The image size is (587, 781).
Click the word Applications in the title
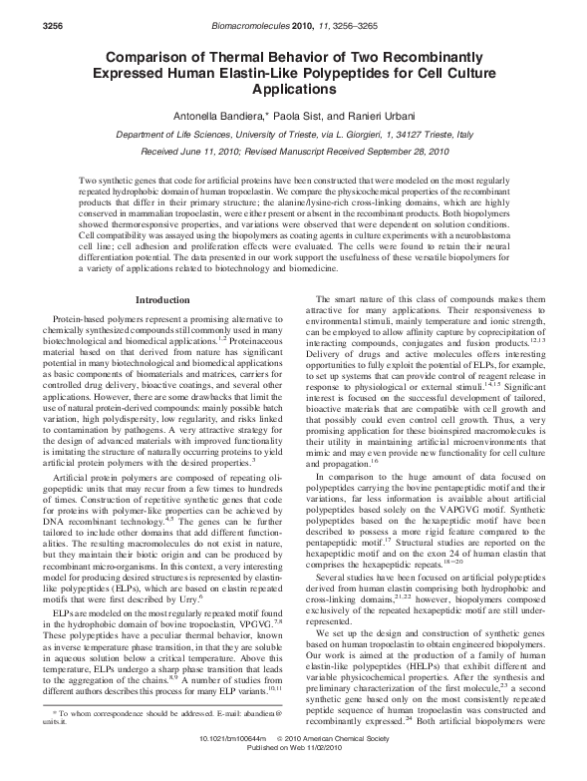point(292,90)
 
